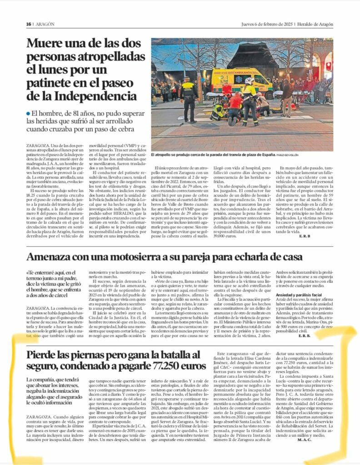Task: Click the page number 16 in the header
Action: click(x=28, y=24)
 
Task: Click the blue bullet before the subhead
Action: click(x=28, y=113)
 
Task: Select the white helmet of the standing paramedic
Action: click(x=249, y=80)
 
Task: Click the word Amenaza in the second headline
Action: click(x=51, y=257)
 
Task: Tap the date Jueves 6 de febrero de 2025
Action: click(x=267, y=24)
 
